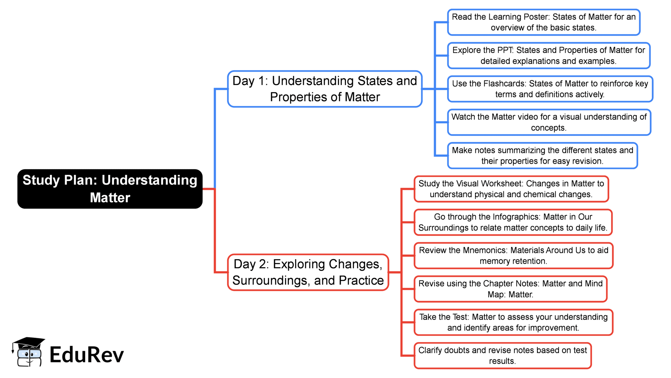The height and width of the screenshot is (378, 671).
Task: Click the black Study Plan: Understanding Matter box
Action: (110, 189)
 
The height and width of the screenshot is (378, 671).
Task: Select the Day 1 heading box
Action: (325, 89)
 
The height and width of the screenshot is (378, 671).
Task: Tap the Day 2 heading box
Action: (308, 272)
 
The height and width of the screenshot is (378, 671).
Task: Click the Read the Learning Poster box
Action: (544, 22)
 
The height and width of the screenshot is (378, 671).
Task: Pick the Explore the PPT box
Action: (548, 56)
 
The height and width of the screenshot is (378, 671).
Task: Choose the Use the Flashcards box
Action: (550, 89)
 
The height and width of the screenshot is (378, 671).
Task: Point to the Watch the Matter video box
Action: (549, 122)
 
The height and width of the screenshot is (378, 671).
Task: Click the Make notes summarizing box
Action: (542, 156)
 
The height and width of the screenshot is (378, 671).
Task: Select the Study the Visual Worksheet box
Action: (511, 189)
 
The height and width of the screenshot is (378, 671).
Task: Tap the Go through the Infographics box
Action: (513, 222)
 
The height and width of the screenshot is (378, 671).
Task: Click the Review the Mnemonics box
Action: (513, 256)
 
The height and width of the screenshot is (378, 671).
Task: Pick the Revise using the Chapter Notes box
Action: (510, 289)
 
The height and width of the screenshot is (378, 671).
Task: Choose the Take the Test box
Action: (513, 323)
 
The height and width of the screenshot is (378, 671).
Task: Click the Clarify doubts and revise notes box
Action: (502, 356)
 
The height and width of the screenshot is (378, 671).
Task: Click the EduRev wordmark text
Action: (87, 355)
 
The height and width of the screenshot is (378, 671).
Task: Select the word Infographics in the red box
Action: (516, 217)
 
